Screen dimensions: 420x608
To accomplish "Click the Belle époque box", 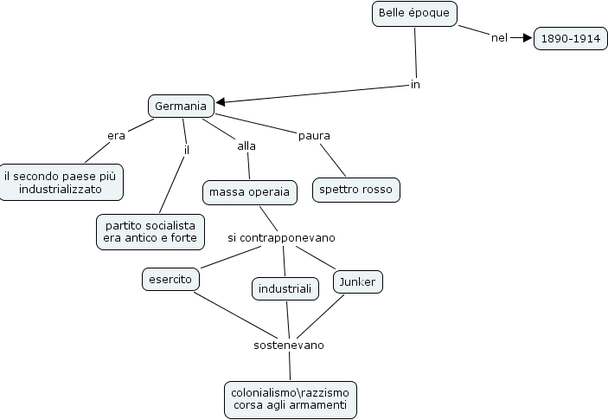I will pyautogui.click(x=413, y=14).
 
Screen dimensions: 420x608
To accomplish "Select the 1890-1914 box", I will pyautogui.click(x=571, y=39).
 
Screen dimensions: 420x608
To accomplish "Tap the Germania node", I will pyautogui.click(x=181, y=107).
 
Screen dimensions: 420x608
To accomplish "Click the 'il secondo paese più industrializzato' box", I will pyautogui.click(x=61, y=182).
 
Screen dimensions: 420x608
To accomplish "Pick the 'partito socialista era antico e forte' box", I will pyautogui.click(x=150, y=231).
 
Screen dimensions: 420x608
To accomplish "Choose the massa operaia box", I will pyautogui.click(x=250, y=191).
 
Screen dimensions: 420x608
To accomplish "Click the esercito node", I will pyautogui.click(x=170, y=280).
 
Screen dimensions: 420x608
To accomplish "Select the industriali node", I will pyautogui.click(x=285, y=288).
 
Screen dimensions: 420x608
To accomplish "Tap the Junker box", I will pyautogui.click(x=357, y=281).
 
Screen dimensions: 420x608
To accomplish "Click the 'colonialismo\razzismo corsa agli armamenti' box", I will pyautogui.click(x=290, y=399).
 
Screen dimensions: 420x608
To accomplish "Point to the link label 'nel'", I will pyautogui.click(x=499, y=38).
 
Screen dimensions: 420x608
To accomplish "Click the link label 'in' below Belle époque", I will pyautogui.click(x=415, y=85).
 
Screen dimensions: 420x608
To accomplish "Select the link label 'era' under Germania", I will pyautogui.click(x=117, y=136).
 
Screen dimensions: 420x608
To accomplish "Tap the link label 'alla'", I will pyautogui.click(x=246, y=145).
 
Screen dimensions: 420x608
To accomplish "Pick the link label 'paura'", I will pyautogui.click(x=314, y=135).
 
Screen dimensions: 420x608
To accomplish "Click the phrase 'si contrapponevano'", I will pyautogui.click(x=281, y=237).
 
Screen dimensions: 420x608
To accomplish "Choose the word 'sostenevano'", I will pyautogui.click(x=289, y=345).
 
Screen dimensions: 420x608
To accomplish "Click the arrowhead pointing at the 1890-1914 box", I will pyautogui.click(x=527, y=38).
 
